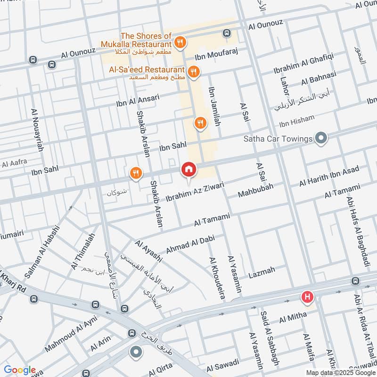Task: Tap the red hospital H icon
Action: point(307,297)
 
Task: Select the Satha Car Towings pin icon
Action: point(321,139)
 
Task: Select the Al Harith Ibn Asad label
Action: point(329,176)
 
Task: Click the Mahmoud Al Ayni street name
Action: point(70,336)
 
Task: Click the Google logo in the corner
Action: point(20,370)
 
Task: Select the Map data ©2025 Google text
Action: point(344,371)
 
